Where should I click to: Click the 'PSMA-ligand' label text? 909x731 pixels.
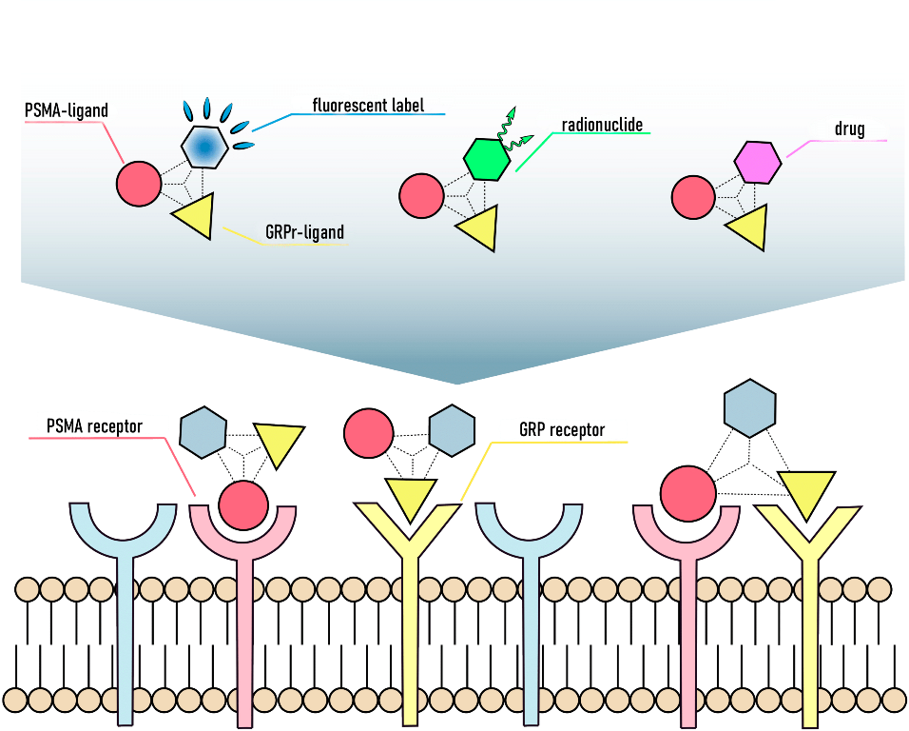point(66,110)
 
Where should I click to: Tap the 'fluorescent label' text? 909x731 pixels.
point(368,105)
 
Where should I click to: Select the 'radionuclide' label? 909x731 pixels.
point(602,125)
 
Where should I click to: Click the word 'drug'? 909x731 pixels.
point(849,129)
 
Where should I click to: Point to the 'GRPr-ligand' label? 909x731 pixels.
point(304,231)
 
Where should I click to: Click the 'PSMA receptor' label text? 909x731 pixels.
point(95,425)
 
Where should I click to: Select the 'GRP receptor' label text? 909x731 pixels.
point(562,430)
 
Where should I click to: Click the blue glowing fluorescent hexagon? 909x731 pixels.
point(203,146)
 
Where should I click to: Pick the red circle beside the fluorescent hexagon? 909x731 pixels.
point(140,183)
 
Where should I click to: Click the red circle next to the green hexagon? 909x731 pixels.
point(420,197)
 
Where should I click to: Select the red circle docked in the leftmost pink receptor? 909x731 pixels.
point(243,504)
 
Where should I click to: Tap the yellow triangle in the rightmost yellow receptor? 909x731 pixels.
point(806,493)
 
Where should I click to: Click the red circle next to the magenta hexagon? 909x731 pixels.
point(693,198)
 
